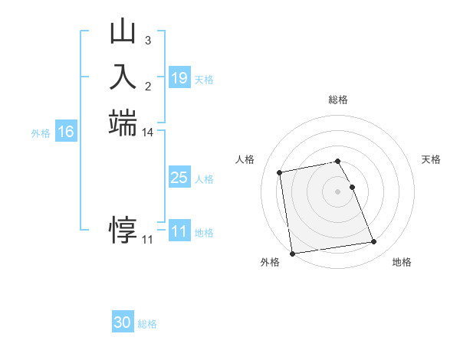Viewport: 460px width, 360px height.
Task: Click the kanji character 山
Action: pos(123,33)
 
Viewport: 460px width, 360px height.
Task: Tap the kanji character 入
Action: pos(123,77)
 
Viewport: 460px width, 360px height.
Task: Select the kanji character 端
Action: pos(123,123)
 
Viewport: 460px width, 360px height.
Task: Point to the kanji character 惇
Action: pos(123,227)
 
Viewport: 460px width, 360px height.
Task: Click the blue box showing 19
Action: pos(179,78)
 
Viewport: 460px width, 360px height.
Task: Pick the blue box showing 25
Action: pos(179,178)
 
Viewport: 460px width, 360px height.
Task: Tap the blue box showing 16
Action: pos(66,132)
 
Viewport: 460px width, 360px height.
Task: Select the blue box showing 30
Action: pos(123,322)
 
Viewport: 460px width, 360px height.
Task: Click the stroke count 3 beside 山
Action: pos(147,40)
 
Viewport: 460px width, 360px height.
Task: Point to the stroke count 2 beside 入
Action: pos(147,84)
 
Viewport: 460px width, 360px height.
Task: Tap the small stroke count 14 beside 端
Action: pos(148,132)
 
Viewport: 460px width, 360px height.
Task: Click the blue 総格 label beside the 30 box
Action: pos(147,324)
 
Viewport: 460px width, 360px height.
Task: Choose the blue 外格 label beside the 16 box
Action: pos(41,133)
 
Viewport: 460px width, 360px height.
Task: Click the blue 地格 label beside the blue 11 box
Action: pos(205,233)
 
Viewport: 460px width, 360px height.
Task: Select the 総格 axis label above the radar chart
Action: pos(338,100)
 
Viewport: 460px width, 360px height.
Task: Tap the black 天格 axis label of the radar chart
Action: pos(431,159)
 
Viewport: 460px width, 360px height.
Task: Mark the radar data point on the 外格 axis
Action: pos(291,254)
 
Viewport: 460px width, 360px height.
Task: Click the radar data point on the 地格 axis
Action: pos(373,242)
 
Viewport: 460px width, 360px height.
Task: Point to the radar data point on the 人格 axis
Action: pos(280,172)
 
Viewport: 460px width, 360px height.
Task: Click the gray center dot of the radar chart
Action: pos(338,191)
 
